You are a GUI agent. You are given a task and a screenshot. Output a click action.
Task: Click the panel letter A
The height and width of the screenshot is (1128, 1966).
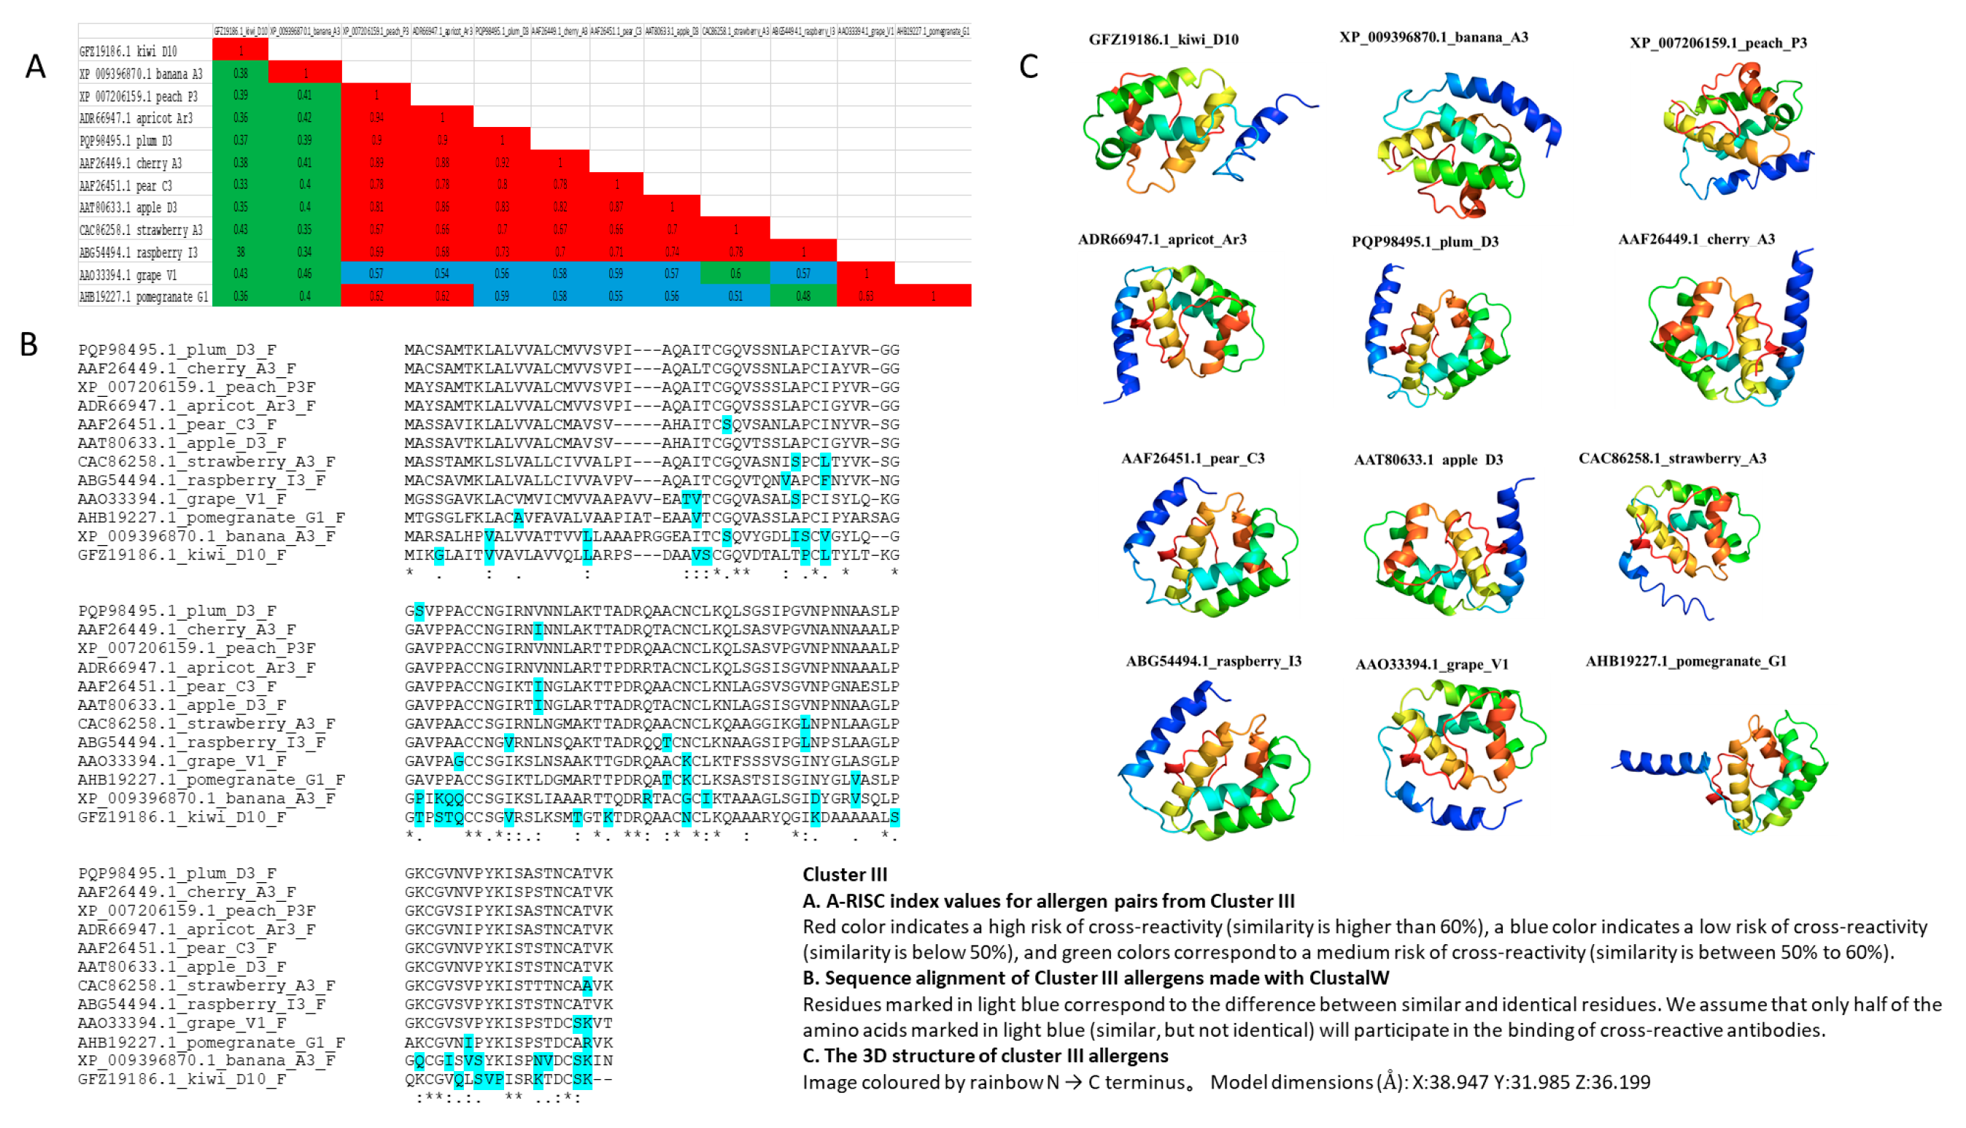(35, 66)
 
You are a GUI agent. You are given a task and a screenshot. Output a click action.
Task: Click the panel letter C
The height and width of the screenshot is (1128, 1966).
(1028, 66)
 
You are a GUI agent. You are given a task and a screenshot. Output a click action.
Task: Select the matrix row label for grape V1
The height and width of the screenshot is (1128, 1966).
(128, 275)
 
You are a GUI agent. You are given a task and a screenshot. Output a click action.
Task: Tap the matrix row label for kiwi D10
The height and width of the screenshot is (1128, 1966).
(128, 51)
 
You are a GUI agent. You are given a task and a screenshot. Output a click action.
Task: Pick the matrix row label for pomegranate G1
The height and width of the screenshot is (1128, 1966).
(143, 297)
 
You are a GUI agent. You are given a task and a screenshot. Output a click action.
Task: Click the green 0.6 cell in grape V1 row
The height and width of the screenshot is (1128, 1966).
(735, 274)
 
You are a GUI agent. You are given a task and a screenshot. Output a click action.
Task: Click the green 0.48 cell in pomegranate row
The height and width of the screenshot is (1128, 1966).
(802, 296)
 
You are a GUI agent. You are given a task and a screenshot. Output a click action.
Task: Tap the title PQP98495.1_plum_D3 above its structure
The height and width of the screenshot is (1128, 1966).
(1425, 242)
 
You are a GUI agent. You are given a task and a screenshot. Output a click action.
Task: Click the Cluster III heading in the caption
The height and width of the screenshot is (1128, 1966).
(844, 875)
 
